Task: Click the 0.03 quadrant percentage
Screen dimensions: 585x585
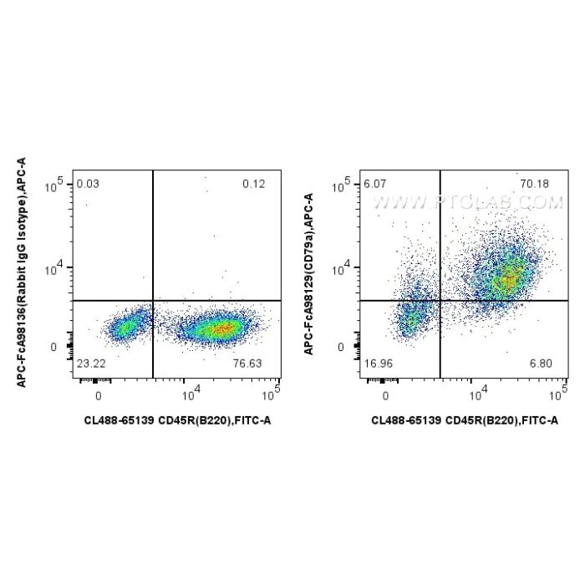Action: tap(86, 184)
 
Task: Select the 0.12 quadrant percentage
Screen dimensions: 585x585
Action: tap(253, 184)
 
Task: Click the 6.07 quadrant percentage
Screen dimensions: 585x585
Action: tap(373, 184)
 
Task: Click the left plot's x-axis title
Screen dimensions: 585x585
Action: tap(177, 420)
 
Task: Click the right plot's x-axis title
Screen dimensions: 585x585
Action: tap(465, 420)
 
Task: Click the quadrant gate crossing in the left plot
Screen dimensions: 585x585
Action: tap(153, 300)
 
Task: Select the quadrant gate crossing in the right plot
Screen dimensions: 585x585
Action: tap(440, 300)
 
